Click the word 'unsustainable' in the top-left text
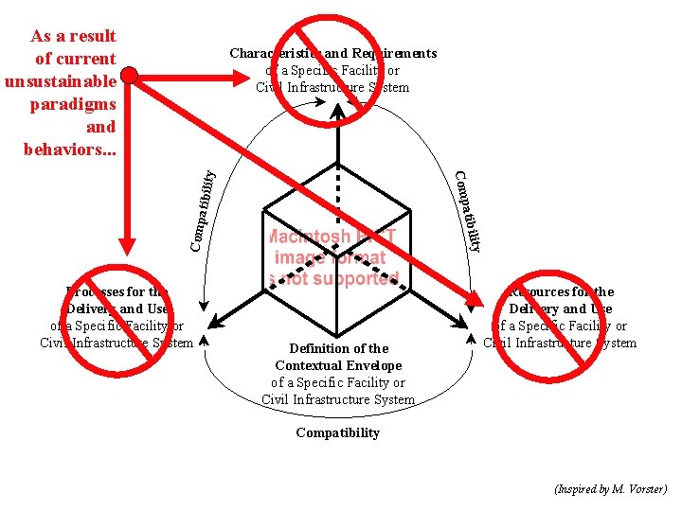coord(60,81)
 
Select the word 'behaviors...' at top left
coord(69,150)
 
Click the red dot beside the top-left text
coord(130,73)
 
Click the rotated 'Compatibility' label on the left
coord(202,210)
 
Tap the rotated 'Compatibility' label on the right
coord(469,211)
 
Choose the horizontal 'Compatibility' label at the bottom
coord(337,432)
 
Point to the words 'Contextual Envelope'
coord(338,365)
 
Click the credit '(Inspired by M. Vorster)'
coord(610,489)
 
